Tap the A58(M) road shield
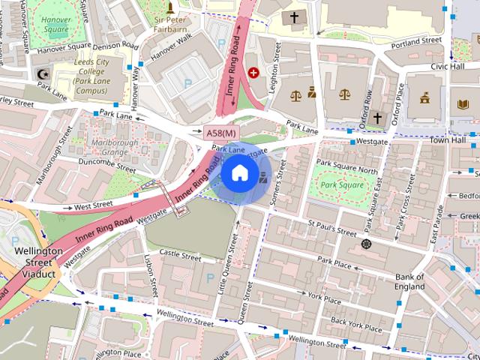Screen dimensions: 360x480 pos(221,133)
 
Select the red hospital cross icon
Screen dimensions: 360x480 pos(253,73)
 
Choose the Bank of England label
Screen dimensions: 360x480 pos(409,281)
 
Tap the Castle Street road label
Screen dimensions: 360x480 pos(180,256)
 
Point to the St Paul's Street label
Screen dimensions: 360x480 pos(331,228)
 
